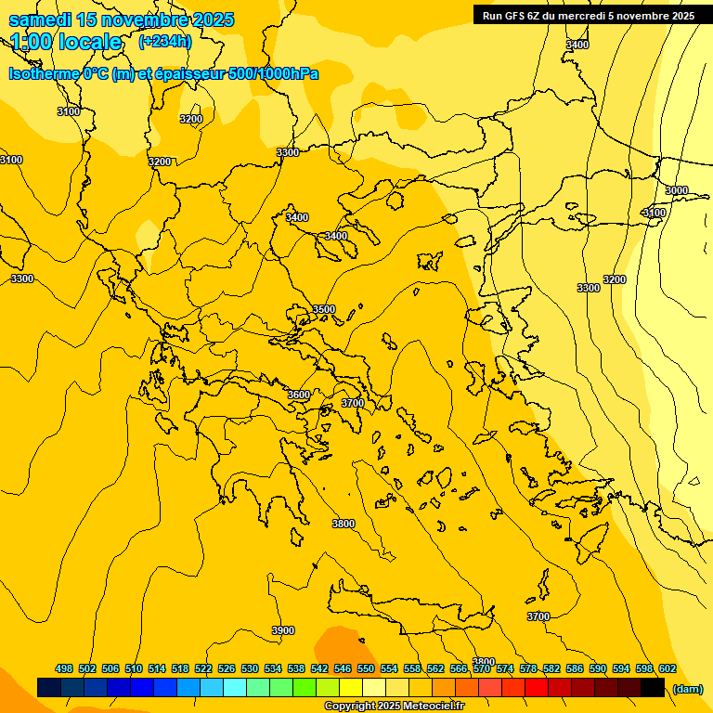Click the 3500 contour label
(x=323, y=309)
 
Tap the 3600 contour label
(x=298, y=395)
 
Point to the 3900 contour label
(x=283, y=630)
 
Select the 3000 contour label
(x=677, y=190)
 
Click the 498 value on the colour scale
(x=64, y=668)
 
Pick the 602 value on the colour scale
(x=668, y=668)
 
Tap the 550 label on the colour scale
(x=366, y=668)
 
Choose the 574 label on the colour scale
(x=505, y=668)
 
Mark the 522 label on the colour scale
(x=203, y=668)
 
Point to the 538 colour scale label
(x=296, y=668)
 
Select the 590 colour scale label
(x=598, y=668)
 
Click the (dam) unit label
(x=687, y=688)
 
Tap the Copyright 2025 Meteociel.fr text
(x=395, y=707)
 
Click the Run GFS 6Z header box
(x=589, y=15)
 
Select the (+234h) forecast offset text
(x=164, y=41)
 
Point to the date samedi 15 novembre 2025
(x=122, y=19)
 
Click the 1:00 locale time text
(x=66, y=42)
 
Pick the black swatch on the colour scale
(x=653, y=687)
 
